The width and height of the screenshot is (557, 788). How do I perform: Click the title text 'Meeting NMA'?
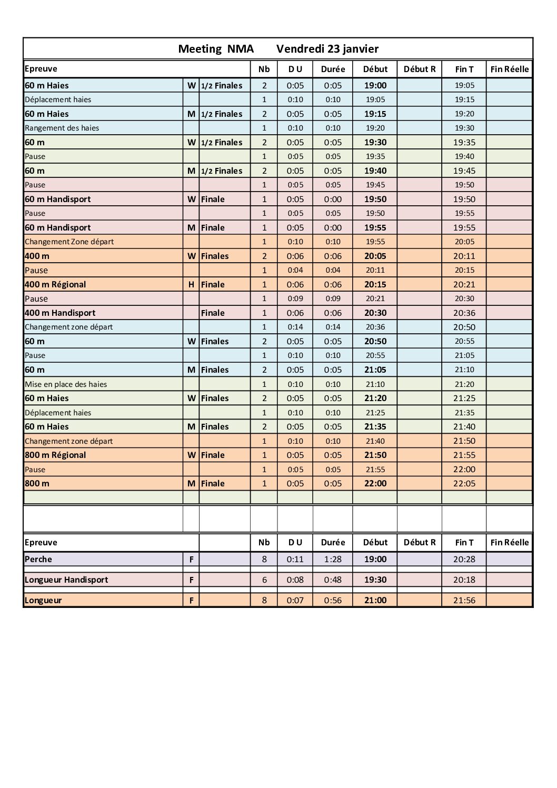pyautogui.click(x=216, y=49)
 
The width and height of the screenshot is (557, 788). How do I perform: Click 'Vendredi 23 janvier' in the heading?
pyautogui.click(x=327, y=49)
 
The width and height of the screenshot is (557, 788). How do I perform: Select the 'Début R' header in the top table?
pyautogui.click(x=419, y=69)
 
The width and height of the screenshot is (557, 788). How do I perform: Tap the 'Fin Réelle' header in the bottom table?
pyautogui.click(x=509, y=542)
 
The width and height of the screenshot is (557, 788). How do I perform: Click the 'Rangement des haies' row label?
pyautogui.click(x=62, y=128)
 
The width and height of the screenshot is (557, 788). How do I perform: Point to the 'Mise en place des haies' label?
pyautogui.click(x=66, y=384)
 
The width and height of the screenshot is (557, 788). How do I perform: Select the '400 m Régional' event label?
pyautogui.click(x=55, y=284)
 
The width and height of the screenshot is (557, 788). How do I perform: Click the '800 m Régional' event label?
pyautogui.click(x=55, y=455)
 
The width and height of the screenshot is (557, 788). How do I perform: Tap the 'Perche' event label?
pyautogui.click(x=38, y=559)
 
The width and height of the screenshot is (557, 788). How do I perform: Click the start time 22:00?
pyautogui.click(x=375, y=483)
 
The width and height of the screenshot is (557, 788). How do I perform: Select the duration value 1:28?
pyautogui.click(x=333, y=559)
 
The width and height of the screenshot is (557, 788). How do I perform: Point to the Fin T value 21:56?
pyautogui.click(x=464, y=600)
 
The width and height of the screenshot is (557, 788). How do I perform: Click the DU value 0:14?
pyautogui.click(x=295, y=327)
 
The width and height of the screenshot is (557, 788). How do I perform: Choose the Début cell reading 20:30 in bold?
pyautogui.click(x=375, y=313)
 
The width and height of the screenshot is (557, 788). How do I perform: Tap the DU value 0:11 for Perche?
pyautogui.click(x=295, y=559)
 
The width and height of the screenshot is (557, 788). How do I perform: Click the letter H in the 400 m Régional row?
pyautogui.click(x=191, y=284)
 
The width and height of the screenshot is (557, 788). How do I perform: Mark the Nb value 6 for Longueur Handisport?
pyautogui.click(x=264, y=580)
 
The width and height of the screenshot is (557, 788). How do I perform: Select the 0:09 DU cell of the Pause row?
pyautogui.click(x=295, y=298)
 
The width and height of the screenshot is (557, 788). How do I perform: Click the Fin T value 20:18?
pyautogui.click(x=464, y=580)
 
